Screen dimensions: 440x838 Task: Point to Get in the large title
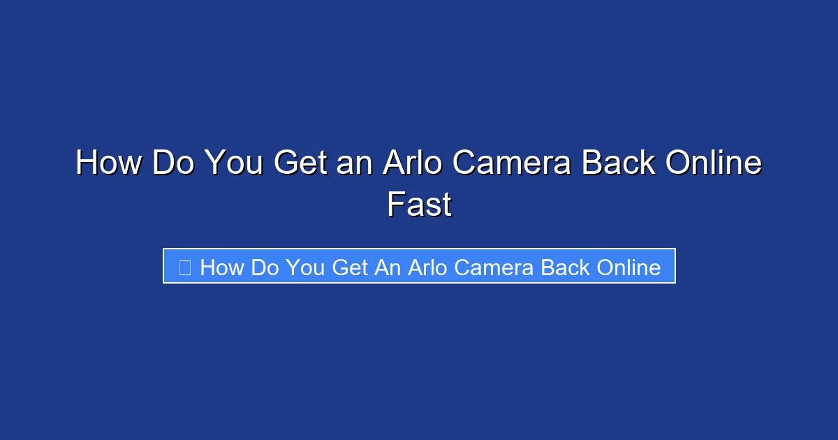(x=300, y=164)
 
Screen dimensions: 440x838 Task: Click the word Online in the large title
(x=713, y=164)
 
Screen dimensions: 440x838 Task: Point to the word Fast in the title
(x=419, y=205)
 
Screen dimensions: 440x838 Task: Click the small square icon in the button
(x=185, y=267)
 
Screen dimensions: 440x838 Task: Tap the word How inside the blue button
(x=221, y=267)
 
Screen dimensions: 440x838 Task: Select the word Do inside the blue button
(x=265, y=267)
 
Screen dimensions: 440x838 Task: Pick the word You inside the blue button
(x=305, y=267)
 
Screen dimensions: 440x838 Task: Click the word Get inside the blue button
(x=349, y=267)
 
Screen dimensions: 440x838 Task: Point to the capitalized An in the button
(x=386, y=267)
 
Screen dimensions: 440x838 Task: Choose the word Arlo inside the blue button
(x=425, y=267)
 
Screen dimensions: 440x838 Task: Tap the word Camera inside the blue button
(x=490, y=267)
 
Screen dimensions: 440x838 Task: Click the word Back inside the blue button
(x=561, y=267)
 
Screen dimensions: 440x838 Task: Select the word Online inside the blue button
(x=626, y=267)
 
